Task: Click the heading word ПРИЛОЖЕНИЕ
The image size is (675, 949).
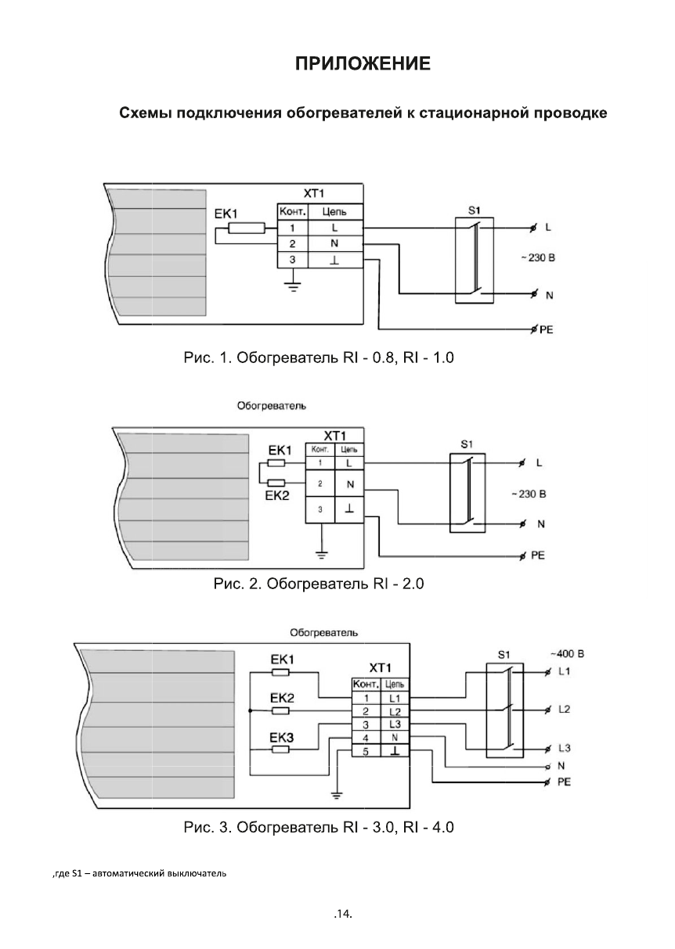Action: click(363, 63)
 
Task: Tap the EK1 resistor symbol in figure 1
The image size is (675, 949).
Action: click(246, 228)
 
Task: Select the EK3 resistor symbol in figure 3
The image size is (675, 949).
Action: click(280, 749)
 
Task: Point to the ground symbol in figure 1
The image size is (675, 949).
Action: click(291, 285)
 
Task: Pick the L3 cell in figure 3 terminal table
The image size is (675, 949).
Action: click(394, 724)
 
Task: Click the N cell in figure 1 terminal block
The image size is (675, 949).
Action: click(334, 244)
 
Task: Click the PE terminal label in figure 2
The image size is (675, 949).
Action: click(537, 556)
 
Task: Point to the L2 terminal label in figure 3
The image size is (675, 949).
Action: click(565, 710)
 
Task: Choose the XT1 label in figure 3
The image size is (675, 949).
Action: click(380, 668)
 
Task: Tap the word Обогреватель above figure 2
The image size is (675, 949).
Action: click(272, 406)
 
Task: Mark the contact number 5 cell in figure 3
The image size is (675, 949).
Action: click(366, 751)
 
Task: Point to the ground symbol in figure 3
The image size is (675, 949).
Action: click(337, 796)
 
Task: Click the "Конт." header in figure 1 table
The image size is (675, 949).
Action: click(291, 212)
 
